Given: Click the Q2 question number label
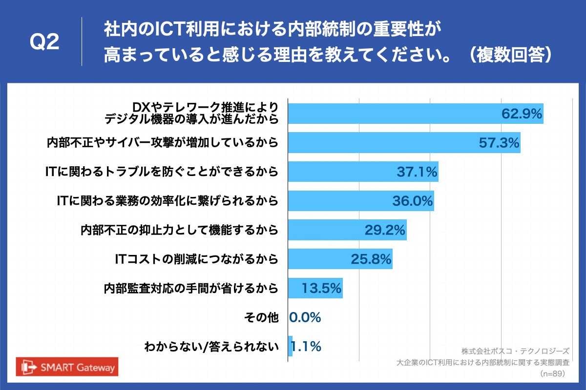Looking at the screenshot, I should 44,42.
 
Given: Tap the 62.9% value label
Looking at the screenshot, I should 522,114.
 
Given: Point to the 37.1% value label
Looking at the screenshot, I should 417,172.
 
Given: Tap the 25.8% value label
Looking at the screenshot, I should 371,259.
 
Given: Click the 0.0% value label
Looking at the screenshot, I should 305,318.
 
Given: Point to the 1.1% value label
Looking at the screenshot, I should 307,347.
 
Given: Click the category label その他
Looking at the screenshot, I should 261,318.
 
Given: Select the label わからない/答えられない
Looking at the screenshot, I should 211,347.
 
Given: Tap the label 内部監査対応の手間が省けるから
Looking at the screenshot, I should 191,288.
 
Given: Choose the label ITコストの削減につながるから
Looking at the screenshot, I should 196,259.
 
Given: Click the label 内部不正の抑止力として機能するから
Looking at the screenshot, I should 179,230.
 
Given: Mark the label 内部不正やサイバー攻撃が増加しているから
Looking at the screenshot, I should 162,142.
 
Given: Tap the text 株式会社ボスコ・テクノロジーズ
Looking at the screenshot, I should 515,351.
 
